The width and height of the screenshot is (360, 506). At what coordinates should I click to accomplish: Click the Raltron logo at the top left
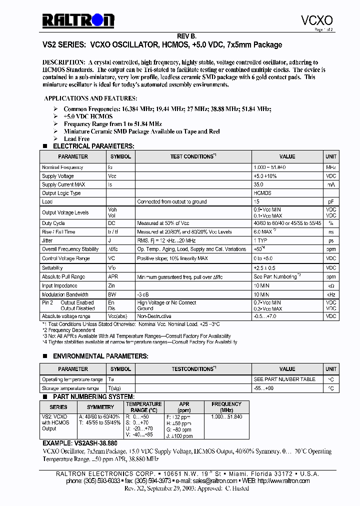78,20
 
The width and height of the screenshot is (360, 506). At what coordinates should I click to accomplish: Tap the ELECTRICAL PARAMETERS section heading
93,146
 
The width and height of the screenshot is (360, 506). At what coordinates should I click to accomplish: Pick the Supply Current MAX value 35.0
258,184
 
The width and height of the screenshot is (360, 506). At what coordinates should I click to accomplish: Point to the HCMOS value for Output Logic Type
262,193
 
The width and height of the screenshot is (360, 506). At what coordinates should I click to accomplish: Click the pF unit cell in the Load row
331,201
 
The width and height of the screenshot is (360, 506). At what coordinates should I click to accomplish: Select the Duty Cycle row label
53,223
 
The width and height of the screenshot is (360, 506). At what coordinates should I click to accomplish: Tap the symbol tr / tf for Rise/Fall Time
113,232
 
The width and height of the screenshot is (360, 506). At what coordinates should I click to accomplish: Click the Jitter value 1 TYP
261,240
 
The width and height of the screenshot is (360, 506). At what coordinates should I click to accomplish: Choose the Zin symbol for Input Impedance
111,285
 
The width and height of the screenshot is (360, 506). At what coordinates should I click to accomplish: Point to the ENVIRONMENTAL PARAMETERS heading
100,356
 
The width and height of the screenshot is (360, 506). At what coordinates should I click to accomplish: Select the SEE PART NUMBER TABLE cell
284,379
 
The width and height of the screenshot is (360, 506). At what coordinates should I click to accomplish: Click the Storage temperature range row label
70,388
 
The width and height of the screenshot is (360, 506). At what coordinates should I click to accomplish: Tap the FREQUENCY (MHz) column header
226,407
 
